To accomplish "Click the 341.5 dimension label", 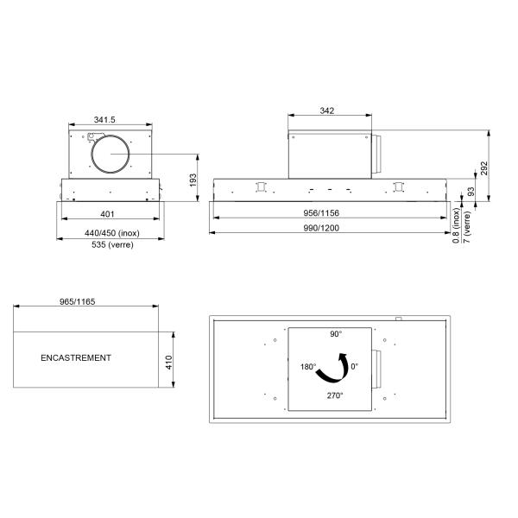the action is [104, 120].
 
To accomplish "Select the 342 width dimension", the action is [326, 111].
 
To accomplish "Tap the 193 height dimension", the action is [193, 180].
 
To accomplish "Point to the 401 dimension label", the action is [107, 214].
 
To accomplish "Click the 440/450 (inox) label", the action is [112, 233].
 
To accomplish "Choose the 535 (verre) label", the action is [112, 245].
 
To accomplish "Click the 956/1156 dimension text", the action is [321, 213].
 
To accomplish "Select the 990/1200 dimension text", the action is [321, 228].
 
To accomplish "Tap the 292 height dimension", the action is [484, 168].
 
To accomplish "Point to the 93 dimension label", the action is [471, 192].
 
